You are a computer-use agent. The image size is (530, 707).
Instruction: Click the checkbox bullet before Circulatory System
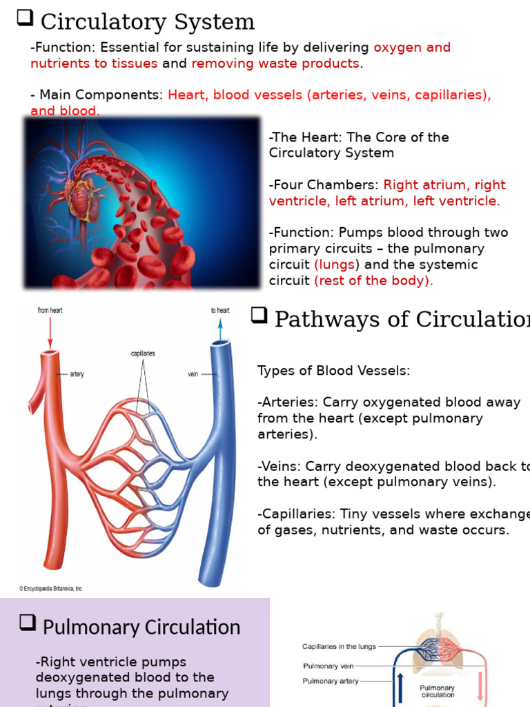[25, 19]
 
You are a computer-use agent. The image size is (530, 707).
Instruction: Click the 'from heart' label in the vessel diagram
[50, 311]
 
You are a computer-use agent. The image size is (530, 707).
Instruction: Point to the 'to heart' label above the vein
[220, 311]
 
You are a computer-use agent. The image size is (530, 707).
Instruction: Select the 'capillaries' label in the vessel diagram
[143, 353]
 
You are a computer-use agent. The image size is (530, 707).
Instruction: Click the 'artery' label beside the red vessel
[77, 374]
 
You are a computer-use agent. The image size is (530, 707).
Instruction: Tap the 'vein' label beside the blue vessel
[193, 374]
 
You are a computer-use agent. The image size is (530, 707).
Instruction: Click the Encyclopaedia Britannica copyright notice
[50, 589]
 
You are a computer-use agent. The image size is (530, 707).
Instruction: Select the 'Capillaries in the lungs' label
[339, 647]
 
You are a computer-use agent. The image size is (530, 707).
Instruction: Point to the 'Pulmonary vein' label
[329, 666]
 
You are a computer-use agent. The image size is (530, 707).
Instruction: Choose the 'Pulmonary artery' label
[331, 681]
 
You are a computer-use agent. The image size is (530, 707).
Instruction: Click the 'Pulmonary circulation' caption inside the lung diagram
[437, 691]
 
